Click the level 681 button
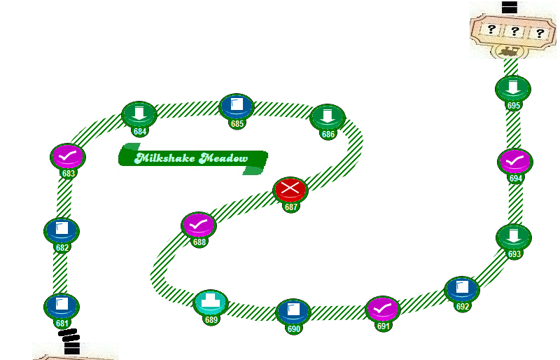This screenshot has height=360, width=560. tap(62, 305)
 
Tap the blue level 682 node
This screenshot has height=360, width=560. tap(62, 230)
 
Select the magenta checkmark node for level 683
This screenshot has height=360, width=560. tap(68, 156)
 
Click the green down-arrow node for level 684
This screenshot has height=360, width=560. tap(139, 113)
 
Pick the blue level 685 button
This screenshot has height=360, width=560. tap(237, 106)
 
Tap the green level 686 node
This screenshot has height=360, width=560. tap(328, 116)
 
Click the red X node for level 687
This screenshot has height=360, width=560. tap(290, 189)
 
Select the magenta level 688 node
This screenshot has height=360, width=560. tap(199, 225)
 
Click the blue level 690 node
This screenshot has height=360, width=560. tap(293, 311)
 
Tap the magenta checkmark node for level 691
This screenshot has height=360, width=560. tap(383, 309)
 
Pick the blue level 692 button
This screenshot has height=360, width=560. tap(462, 289)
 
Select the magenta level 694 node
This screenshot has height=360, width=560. tap(515, 161)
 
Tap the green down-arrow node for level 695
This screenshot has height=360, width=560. tap(513, 88)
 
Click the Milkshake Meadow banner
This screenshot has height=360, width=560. tap(192, 158)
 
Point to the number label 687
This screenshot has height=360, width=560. tap(290, 207)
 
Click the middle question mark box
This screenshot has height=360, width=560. tap(514, 31)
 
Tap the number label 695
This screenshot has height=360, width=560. tap(513, 106)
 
